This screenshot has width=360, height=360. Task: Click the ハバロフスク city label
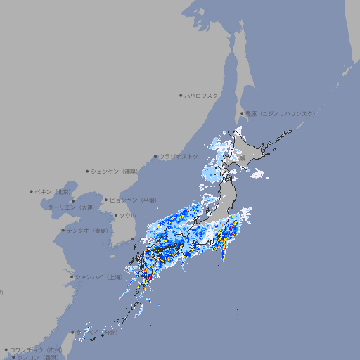pos(202,95)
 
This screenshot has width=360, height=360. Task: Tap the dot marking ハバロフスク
pos(181,95)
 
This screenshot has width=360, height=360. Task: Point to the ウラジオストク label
pos(179,156)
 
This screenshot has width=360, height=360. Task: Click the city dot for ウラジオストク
pos(155,156)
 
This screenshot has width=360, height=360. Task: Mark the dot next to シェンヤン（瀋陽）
pos(88,171)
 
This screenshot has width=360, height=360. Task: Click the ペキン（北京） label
pos(54,191)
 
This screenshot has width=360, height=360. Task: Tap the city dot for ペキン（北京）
pos(32,191)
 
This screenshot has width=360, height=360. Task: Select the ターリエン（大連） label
pos(70,207)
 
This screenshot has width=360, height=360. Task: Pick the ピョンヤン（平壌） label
pos(134,200)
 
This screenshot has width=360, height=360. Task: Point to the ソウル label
pos(127,215)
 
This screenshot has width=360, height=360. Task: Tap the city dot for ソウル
pos(115,215)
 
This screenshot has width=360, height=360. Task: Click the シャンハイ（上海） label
pos(98,277)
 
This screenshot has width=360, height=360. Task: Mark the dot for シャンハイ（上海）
pos(72,277)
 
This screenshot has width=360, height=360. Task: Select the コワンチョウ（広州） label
pos(36,349)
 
